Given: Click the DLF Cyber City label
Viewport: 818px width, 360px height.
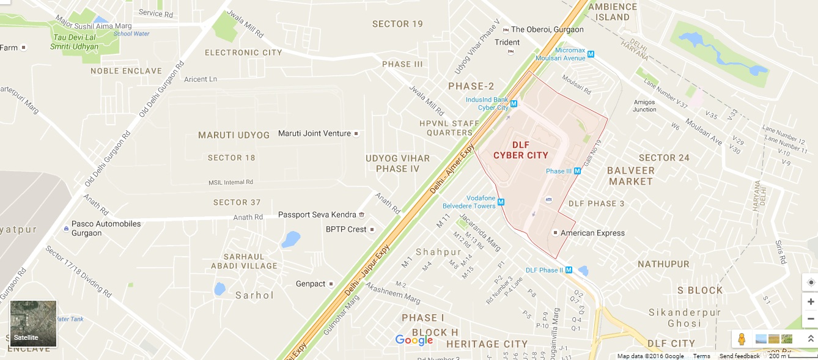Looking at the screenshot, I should tap(520, 150).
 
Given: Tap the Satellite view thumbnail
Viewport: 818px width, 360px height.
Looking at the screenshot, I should tap(34, 323).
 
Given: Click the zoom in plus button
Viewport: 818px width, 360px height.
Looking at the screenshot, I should tap(811, 302).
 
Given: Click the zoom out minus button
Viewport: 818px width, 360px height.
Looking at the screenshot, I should tap(811, 318).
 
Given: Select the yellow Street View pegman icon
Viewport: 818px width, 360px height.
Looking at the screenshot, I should tap(742, 339).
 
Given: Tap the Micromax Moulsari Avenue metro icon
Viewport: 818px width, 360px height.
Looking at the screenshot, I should tap(591, 54).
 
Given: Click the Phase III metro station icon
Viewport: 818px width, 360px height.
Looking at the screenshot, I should tap(577, 171).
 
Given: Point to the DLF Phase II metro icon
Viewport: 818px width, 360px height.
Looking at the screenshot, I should tap(569, 270).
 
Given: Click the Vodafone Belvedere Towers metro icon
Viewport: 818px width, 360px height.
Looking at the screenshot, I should tap(501, 202).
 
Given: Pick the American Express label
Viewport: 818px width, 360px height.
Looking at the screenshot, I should tap(592, 233).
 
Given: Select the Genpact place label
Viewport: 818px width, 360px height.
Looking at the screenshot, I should tap(310, 284).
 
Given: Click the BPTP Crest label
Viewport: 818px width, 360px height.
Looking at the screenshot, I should tap(346, 229).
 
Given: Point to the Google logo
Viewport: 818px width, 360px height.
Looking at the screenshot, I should tap(414, 340).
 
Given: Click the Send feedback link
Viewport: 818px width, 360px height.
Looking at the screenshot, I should tap(739, 356).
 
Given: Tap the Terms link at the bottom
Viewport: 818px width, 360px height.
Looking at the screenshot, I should tap(701, 356).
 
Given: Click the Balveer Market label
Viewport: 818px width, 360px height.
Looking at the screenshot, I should tap(631, 176).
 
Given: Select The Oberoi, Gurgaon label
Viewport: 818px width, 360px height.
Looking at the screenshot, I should tap(547, 29).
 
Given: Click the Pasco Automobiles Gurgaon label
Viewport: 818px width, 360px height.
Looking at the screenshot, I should tap(106, 228).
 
